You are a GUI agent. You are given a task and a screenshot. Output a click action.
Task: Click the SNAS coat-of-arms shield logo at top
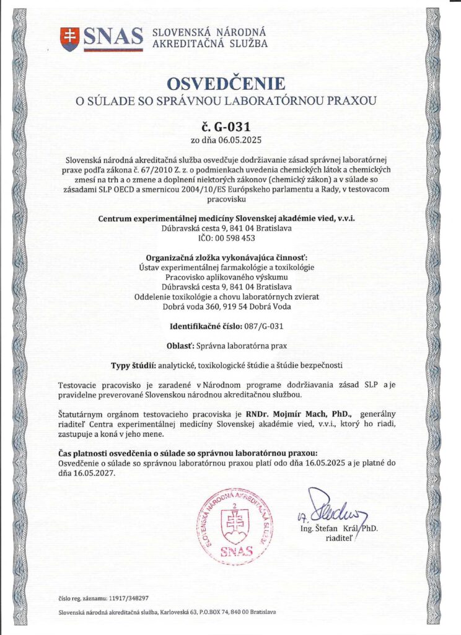[70, 38]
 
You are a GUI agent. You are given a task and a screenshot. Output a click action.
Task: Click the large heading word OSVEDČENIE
[230, 84]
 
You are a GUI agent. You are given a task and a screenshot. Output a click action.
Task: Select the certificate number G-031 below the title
[236, 127]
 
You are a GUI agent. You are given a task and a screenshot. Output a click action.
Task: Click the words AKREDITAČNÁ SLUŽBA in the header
[210, 43]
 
